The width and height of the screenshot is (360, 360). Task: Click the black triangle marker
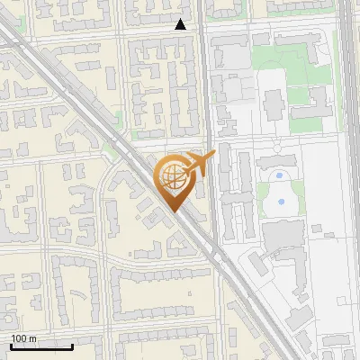pyautogui.click(x=181, y=25)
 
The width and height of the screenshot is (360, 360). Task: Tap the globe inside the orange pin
pyautogui.click(x=172, y=177)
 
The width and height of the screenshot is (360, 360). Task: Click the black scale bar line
pyautogui.click(x=40, y=346)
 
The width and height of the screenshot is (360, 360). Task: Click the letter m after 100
pyautogui.click(x=33, y=338)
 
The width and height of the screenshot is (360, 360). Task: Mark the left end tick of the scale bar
pyautogui.click(x=10, y=344)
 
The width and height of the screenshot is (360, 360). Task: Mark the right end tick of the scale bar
pyautogui.click(x=72, y=344)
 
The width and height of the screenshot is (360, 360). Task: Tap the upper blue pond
pyautogui.click(x=280, y=176)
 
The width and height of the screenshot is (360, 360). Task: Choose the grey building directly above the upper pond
pyautogui.click(x=276, y=160)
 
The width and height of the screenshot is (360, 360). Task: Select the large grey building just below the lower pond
pyautogui.click(x=283, y=234)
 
